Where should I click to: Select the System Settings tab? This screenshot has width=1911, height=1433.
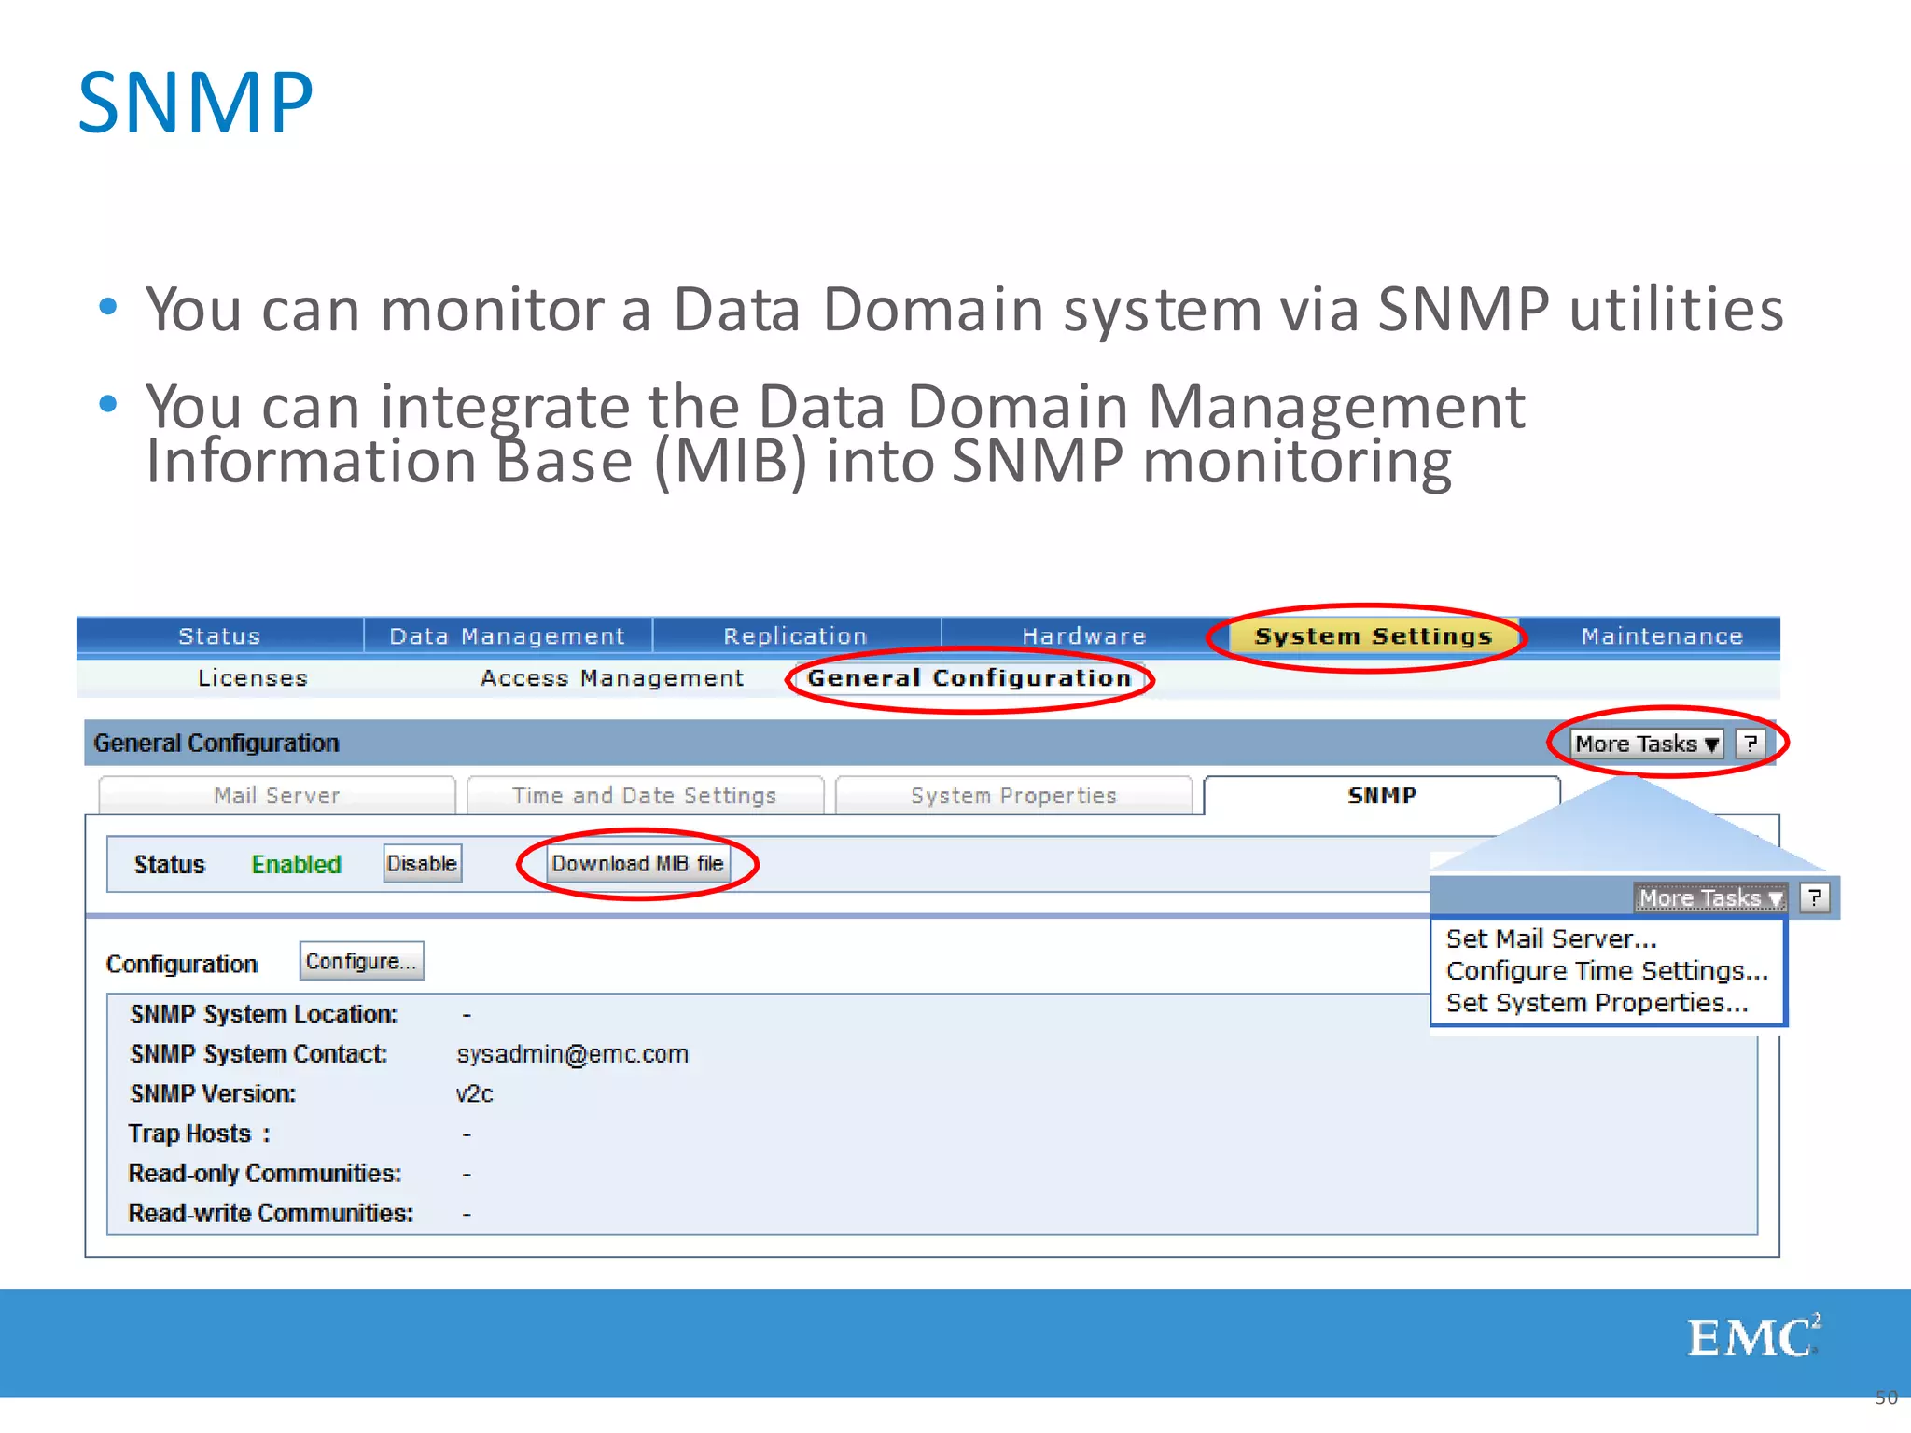tap(1373, 636)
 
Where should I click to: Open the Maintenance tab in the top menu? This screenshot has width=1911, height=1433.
tap(1661, 636)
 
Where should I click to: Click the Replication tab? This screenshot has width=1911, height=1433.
tap(795, 636)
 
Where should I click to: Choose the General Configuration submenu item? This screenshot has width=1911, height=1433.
tap(969, 678)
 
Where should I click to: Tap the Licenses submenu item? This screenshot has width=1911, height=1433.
tap(252, 678)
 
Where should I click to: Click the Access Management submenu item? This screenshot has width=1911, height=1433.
tap(612, 678)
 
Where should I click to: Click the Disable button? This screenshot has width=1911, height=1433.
tap(422, 864)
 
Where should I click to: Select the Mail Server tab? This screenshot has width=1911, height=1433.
tap(276, 796)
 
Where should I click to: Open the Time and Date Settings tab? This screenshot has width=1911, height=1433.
tap(644, 796)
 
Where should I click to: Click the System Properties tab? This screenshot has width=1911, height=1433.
tap(1013, 796)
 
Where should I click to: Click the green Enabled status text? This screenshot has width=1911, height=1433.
tap(296, 865)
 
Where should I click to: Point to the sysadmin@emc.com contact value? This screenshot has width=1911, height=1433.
tap(572, 1054)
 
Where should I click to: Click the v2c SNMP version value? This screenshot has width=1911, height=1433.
tap(474, 1094)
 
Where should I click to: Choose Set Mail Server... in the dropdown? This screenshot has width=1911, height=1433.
tap(1551, 939)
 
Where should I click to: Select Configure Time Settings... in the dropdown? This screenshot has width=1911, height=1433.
tap(1607, 971)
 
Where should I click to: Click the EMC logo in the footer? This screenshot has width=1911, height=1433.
tap(1752, 1337)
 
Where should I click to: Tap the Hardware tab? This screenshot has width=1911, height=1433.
tap(1083, 636)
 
